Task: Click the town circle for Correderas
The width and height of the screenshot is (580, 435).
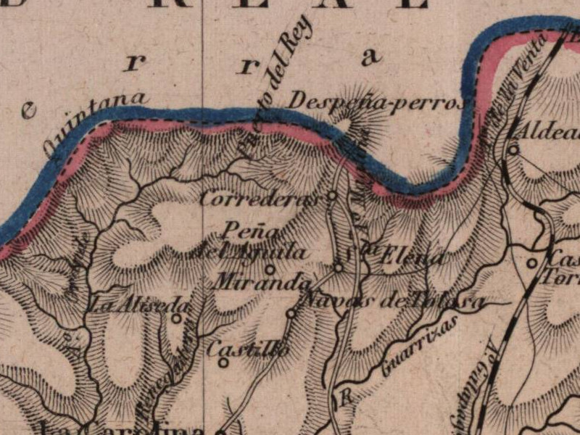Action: (x=332, y=195)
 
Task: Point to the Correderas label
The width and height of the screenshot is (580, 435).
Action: (x=260, y=199)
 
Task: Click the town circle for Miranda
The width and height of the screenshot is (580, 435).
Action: (x=270, y=269)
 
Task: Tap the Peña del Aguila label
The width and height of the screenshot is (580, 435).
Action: (x=246, y=242)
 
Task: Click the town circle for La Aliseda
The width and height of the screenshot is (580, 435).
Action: (x=176, y=318)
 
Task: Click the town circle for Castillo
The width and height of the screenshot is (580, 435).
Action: (x=223, y=362)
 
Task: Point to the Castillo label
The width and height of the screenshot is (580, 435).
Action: (x=248, y=349)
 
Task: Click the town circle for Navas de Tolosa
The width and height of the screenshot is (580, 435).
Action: (x=291, y=313)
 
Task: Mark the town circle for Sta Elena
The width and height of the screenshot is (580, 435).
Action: (x=339, y=268)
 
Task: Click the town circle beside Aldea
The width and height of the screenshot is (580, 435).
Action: (x=513, y=150)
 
